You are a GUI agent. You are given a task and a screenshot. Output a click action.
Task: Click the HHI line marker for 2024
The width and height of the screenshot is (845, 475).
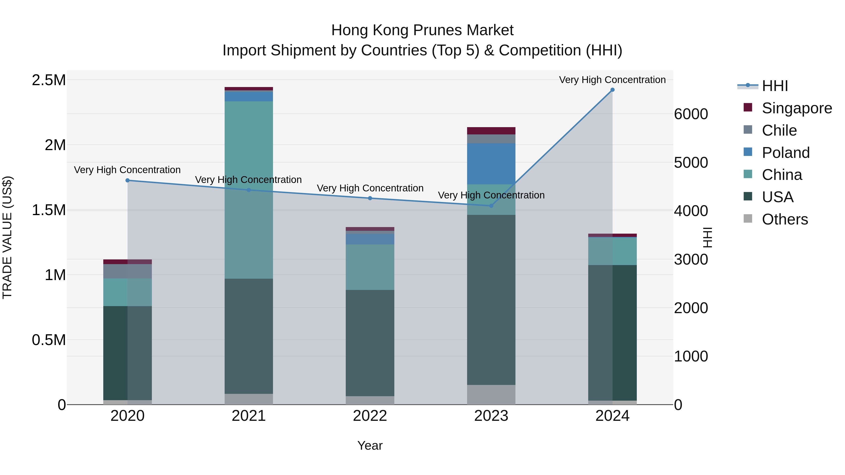(x=612, y=90)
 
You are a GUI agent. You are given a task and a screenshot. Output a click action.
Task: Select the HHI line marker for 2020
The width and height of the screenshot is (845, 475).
(x=128, y=180)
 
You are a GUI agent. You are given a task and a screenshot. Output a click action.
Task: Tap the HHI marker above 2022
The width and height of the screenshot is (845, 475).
(x=370, y=198)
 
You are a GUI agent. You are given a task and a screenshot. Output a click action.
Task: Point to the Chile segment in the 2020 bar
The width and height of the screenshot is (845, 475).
(x=128, y=271)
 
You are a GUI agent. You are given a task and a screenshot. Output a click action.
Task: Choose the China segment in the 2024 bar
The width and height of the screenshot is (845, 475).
(x=612, y=251)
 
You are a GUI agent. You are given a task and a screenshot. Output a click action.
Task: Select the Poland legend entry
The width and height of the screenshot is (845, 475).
(x=786, y=152)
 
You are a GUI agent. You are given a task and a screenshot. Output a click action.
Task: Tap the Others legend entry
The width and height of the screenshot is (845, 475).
(x=785, y=219)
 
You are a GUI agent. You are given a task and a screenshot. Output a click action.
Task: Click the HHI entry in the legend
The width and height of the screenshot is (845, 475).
(x=775, y=86)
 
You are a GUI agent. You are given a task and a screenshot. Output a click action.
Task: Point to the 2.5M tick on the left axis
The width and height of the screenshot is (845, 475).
(x=49, y=80)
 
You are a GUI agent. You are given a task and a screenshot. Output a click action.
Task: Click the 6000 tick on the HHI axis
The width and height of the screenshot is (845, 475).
(x=691, y=114)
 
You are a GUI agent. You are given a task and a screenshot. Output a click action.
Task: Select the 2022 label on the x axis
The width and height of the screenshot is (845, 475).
(x=370, y=416)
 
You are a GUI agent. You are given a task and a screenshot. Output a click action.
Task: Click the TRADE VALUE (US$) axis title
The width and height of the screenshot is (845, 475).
(x=7, y=237)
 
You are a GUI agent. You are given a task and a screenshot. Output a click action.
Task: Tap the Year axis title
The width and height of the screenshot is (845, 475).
(x=370, y=445)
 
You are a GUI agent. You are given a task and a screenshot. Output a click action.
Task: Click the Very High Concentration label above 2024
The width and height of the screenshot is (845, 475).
(x=612, y=80)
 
